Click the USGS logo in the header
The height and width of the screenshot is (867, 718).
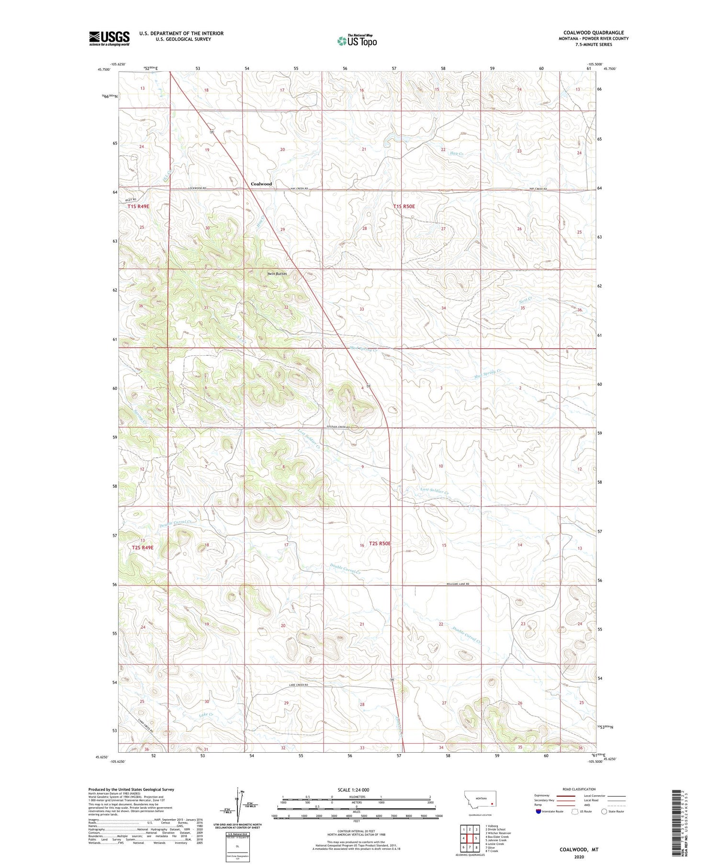tap(109, 38)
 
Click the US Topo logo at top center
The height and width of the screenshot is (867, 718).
tap(357, 41)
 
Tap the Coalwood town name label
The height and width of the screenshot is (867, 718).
tap(261, 184)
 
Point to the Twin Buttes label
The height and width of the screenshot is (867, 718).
tap(277, 274)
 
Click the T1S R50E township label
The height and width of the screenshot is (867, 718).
tap(404, 207)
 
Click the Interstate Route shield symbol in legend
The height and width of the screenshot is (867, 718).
tap(538, 811)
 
